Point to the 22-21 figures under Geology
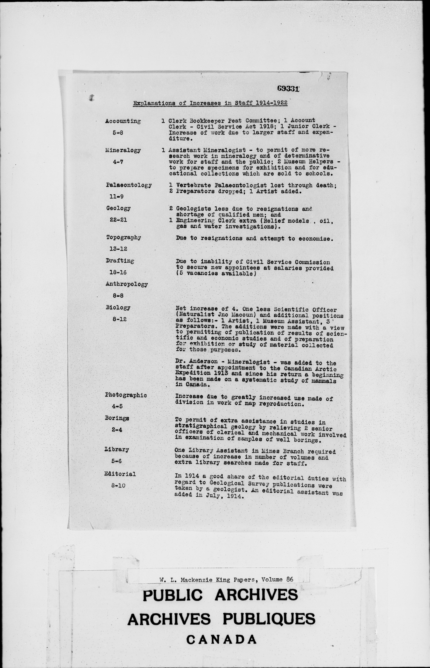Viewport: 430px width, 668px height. [x=118, y=220]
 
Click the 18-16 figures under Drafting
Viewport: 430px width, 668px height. [x=118, y=272]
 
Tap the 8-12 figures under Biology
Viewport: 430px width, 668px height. [x=119, y=319]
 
